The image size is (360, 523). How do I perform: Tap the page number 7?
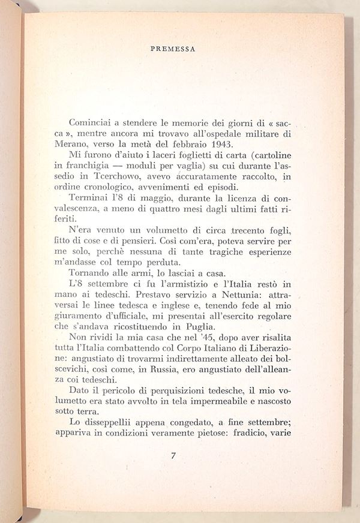click(173, 455)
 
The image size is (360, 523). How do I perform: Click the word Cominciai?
click(91, 121)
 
